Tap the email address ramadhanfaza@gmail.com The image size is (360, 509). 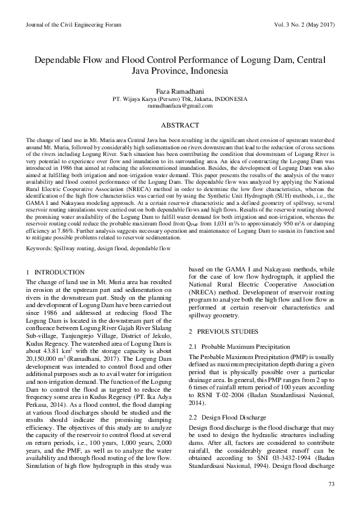click(x=180, y=105)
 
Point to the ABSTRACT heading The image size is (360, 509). click(x=180, y=125)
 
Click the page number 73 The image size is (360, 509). click(x=330, y=484)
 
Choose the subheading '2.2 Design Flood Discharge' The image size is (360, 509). click(x=218, y=417)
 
